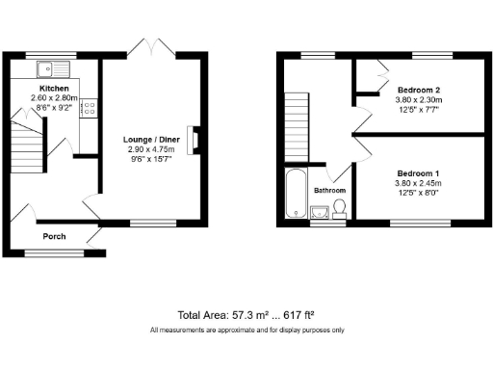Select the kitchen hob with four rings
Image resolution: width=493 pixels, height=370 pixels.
[88, 109]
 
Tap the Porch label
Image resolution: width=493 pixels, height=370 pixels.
[53, 235]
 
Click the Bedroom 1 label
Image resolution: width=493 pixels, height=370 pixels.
[419, 173]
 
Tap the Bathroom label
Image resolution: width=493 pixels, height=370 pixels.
[330, 191]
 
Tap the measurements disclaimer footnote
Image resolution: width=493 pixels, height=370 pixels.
[246, 330]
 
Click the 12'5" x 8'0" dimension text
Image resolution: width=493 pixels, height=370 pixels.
[419, 192]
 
